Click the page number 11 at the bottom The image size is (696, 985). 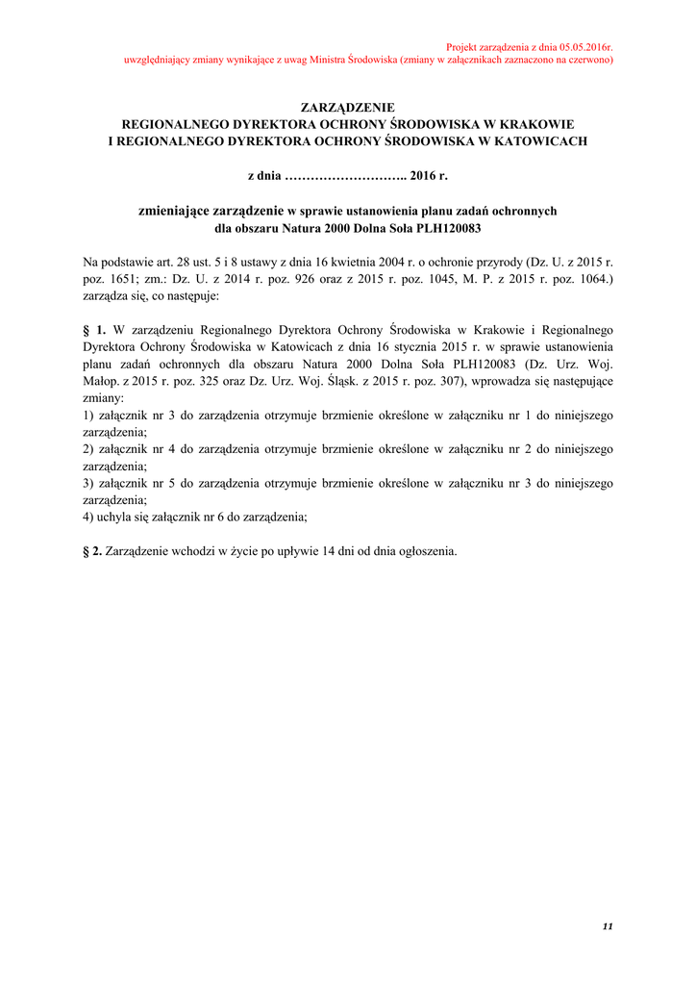(607, 926)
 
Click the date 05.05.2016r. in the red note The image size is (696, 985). (575, 47)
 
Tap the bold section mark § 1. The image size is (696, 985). (94, 331)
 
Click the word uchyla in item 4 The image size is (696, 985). (118, 518)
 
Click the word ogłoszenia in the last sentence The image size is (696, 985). (427, 552)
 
